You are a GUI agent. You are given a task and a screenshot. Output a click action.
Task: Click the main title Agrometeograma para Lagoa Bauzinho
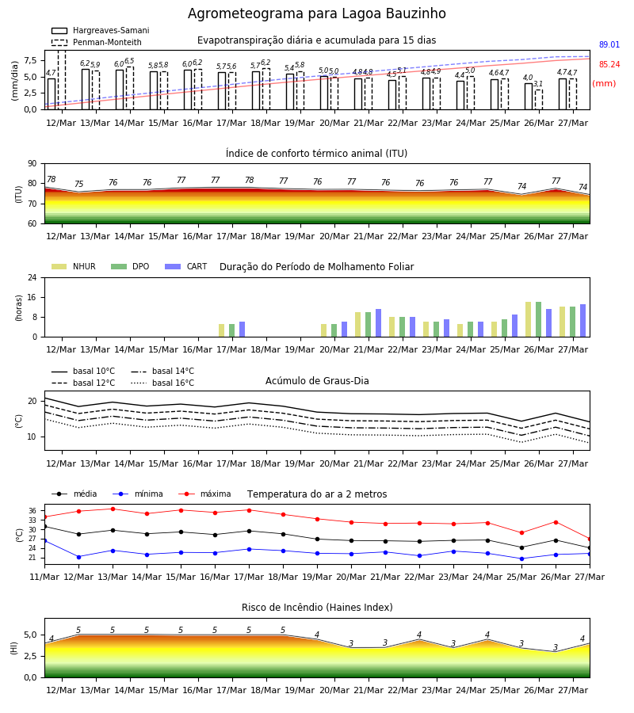click(x=316, y=13)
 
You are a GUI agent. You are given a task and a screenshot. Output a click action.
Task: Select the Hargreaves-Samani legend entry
click(x=101, y=30)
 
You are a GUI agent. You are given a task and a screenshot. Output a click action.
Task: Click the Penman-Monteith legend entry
click(x=97, y=42)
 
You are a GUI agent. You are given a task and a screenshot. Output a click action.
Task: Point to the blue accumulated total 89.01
click(x=609, y=44)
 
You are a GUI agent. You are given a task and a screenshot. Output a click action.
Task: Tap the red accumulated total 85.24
click(x=609, y=65)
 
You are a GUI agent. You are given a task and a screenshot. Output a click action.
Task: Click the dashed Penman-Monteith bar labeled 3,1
click(x=538, y=100)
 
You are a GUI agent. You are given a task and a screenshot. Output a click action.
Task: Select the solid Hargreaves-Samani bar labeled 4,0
click(x=529, y=97)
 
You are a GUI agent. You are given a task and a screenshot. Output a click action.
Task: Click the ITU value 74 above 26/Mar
click(x=521, y=186)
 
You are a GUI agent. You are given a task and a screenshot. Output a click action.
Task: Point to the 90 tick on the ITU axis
click(x=32, y=164)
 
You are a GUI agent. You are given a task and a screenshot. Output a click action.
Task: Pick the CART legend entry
click(x=186, y=266)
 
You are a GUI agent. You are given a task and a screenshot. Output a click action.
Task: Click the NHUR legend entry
click(x=74, y=266)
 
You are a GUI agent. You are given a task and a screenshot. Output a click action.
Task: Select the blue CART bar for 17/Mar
click(x=242, y=330)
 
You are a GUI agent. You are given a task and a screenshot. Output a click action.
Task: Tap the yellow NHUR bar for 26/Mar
click(x=528, y=319)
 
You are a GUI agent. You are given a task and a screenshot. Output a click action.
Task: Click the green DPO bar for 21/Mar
click(x=368, y=325)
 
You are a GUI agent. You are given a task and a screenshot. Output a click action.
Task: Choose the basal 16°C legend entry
click(x=162, y=383)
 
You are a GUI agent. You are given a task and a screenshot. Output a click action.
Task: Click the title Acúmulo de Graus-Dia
click(x=317, y=381)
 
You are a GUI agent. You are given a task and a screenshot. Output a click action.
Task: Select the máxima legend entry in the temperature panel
click(x=205, y=494)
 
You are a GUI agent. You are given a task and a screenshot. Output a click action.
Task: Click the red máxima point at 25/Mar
click(x=521, y=533)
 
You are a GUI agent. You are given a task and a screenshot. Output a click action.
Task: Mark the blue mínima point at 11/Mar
click(x=44, y=540)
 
